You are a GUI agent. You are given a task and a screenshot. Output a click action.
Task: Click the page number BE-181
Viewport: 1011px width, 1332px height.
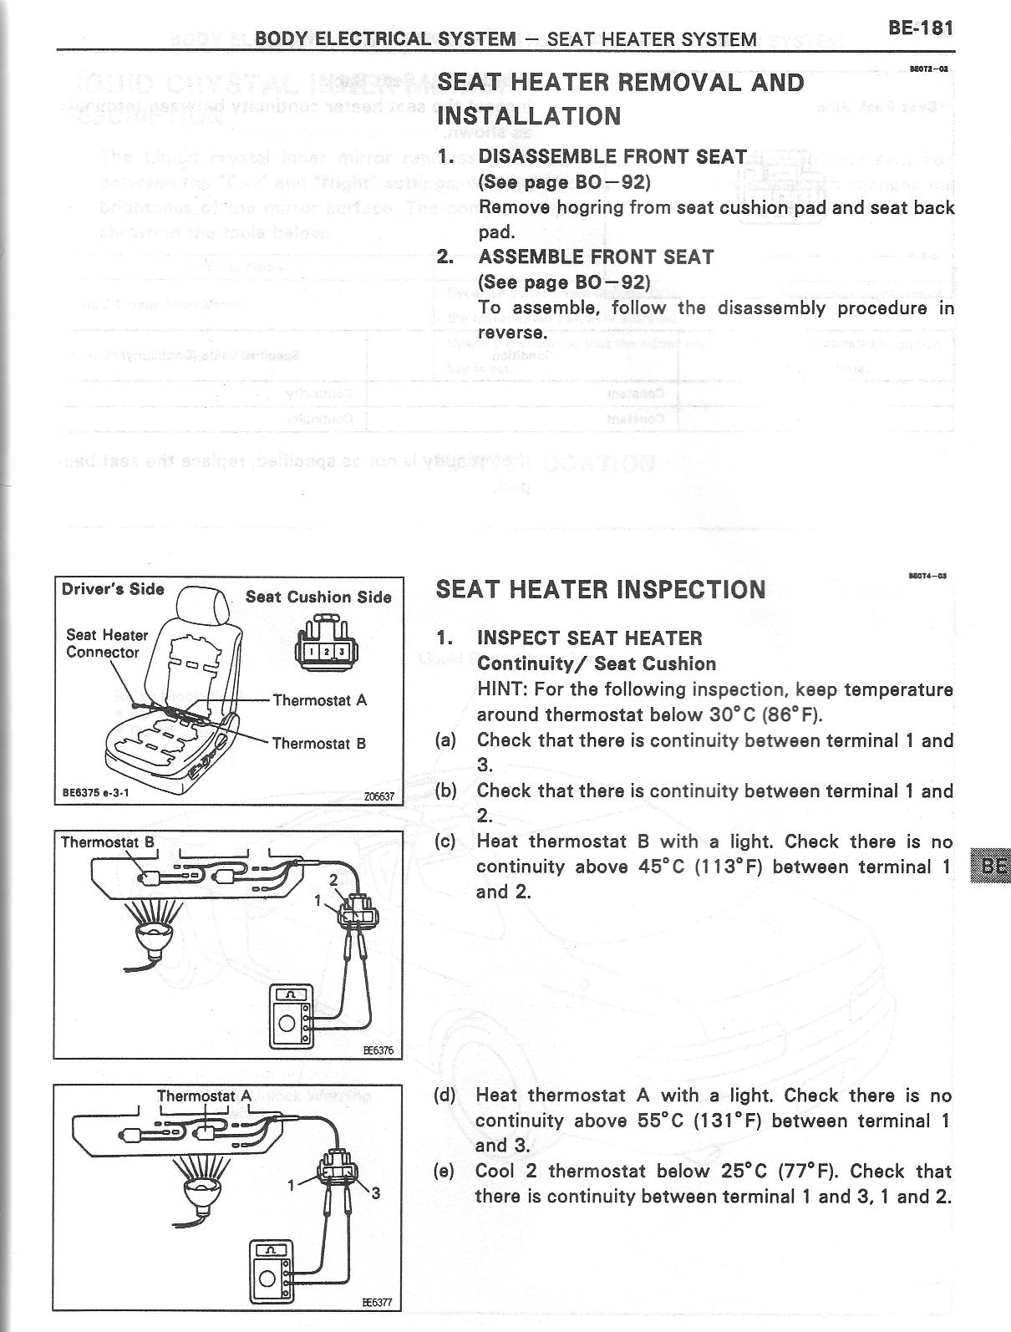[x=920, y=27]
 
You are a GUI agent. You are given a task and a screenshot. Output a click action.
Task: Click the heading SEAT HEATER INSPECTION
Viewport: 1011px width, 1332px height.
[x=601, y=590]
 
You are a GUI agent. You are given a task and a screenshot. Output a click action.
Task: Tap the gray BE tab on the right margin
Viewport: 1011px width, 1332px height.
[x=991, y=866]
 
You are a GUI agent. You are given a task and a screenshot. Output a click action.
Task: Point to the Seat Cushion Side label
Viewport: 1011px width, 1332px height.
[x=318, y=597]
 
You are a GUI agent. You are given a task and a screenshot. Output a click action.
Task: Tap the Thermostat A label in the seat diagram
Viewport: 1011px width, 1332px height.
[x=320, y=700]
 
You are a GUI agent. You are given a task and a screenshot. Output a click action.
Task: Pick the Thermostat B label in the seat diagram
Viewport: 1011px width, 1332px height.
[x=319, y=743]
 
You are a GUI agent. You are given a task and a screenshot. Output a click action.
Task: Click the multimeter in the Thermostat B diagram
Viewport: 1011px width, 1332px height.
[x=292, y=1016]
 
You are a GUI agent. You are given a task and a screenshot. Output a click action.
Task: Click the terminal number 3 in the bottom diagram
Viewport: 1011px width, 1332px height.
[x=376, y=1193]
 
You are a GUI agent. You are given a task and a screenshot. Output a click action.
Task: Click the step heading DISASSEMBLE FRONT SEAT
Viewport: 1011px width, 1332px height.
[x=612, y=156]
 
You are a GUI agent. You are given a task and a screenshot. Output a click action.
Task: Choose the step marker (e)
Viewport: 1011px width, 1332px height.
[x=445, y=1171]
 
